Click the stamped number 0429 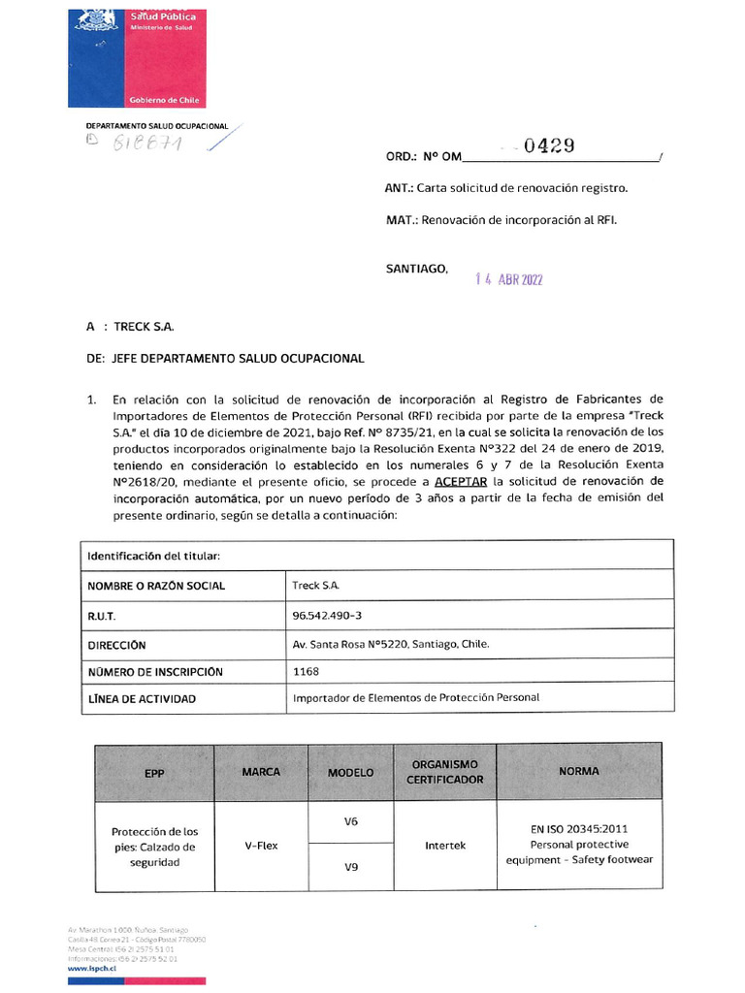click(549, 146)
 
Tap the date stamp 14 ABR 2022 click(508, 280)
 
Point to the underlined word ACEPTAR click(461, 482)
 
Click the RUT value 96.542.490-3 click(327, 615)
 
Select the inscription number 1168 click(306, 670)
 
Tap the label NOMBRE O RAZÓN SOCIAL click(156, 586)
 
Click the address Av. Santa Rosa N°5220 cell click(391, 643)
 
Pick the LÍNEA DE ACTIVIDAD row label click(142, 698)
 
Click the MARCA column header click(261, 772)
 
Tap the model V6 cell click(351, 821)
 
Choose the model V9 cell click(351, 867)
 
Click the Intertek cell click(445, 846)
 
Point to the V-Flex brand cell click(261, 846)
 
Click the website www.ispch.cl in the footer click(93, 968)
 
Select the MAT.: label click(401, 220)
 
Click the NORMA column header click(579, 772)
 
